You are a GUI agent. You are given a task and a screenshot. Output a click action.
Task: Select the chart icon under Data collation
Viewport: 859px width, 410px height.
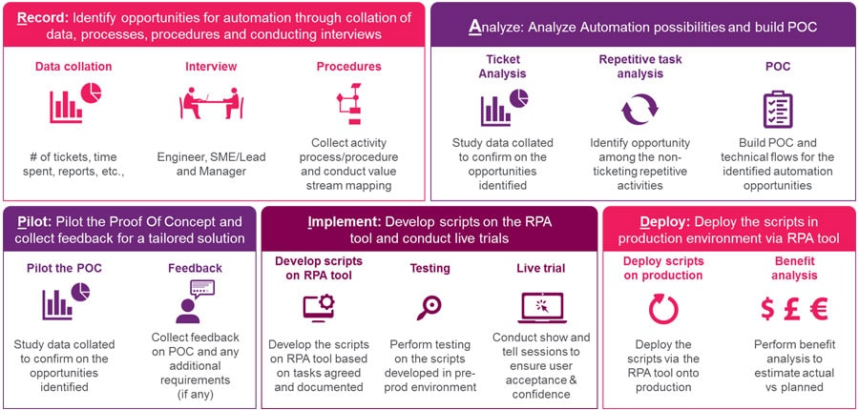(x=74, y=104)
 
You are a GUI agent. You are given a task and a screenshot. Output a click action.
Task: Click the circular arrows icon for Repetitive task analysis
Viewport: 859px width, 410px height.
(x=639, y=109)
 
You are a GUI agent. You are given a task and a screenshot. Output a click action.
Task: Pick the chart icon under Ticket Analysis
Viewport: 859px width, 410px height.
(x=503, y=108)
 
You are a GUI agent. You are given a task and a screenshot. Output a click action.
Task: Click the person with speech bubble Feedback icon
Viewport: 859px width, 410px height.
(x=189, y=302)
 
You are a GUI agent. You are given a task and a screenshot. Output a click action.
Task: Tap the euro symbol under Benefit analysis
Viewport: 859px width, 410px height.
(x=817, y=308)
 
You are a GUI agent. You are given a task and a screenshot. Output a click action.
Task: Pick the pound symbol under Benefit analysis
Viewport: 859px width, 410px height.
(x=791, y=308)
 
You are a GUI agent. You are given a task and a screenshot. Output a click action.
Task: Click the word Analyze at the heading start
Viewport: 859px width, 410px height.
(x=493, y=27)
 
